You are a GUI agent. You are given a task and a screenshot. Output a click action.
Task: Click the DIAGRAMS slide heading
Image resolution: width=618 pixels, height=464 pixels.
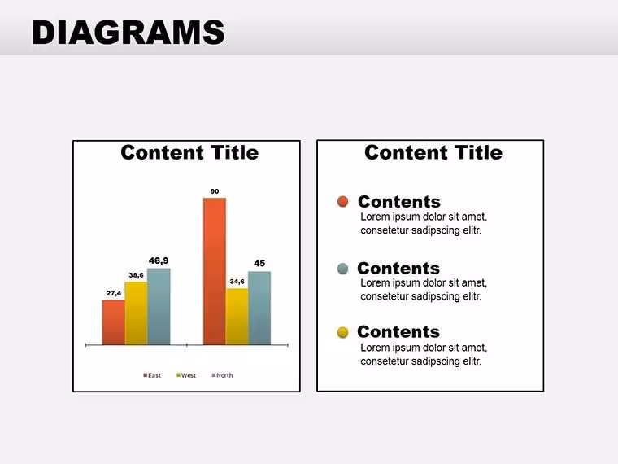(128, 33)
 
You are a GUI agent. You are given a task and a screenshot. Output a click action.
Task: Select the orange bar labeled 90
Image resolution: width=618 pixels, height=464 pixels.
(215, 271)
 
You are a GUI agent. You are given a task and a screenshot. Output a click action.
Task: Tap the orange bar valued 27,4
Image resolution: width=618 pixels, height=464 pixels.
(114, 322)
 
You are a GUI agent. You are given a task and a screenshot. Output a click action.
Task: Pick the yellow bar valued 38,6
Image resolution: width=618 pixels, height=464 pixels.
(137, 313)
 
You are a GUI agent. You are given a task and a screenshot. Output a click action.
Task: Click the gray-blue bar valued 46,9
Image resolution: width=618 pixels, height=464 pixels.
(159, 307)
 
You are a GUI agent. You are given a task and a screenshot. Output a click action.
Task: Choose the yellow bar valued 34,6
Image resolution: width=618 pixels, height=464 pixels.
(237, 317)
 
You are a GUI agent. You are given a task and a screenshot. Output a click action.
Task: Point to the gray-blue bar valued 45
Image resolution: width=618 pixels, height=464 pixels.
(259, 309)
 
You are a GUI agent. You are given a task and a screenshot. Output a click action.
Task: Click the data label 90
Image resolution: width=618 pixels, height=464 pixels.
(215, 191)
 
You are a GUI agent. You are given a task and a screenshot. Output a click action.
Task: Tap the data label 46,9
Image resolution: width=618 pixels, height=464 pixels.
(159, 260)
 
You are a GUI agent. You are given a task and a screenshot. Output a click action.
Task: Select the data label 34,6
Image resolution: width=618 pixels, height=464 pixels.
(237, 282)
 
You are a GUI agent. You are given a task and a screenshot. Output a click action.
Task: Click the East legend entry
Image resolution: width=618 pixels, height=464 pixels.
(152, 375)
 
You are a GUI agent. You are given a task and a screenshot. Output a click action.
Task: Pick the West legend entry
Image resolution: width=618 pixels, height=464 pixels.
(186, 375)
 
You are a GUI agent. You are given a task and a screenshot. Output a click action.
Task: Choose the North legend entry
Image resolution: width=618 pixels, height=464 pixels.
(222, 375)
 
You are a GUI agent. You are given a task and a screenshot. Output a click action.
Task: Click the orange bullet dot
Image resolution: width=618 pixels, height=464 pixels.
(343, 202)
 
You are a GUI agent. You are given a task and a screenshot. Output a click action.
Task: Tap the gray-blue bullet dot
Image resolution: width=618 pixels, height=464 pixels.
(343, 269)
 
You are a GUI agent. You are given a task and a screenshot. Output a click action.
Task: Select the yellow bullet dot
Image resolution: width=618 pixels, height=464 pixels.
(343, 332)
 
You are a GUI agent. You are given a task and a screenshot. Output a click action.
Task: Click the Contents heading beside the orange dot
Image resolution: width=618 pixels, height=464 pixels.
(399, 202)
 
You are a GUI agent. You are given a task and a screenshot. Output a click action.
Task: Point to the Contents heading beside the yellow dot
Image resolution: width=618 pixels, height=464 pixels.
(398, 332)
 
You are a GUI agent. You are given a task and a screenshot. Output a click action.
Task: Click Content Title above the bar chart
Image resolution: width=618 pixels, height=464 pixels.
(189, 152)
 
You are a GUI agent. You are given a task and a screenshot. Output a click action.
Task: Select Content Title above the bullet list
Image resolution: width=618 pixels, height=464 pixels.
(433, 152)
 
